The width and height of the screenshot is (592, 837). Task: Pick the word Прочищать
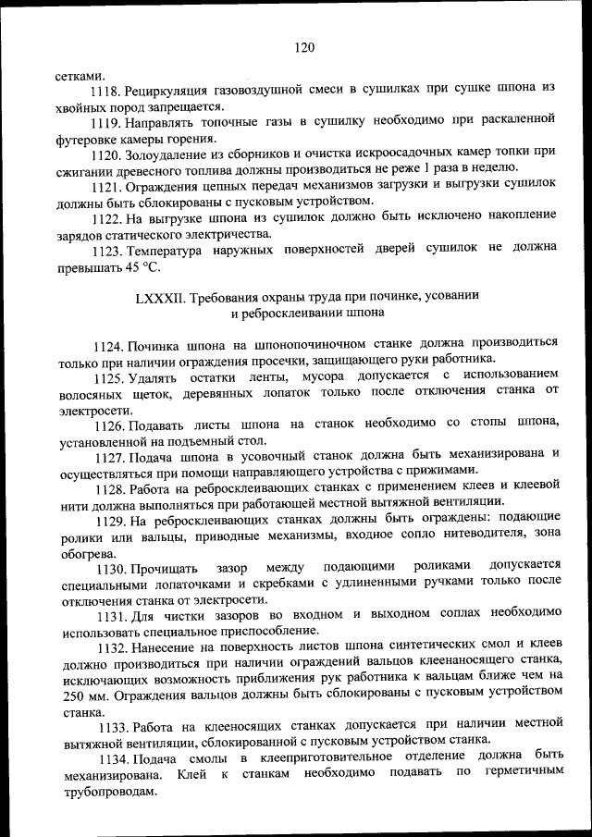(x=163, y=565)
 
